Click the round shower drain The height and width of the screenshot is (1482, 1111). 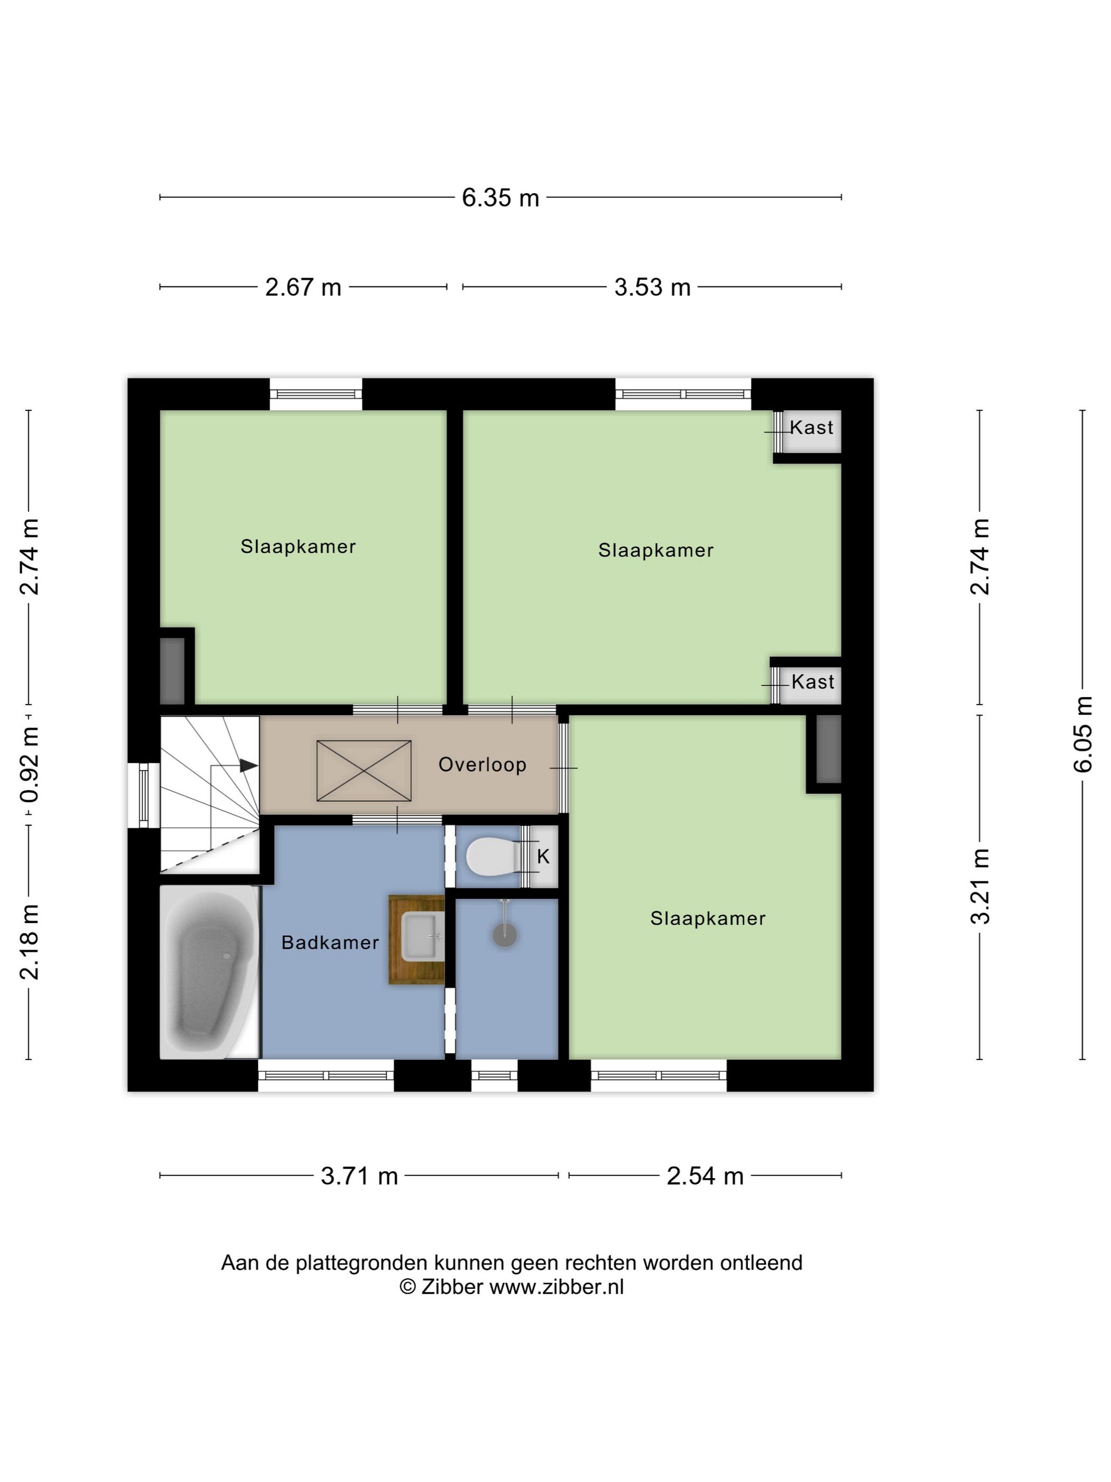[505, 935]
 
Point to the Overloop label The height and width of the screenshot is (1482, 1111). [482, 764]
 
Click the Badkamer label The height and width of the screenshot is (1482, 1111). [330, 943]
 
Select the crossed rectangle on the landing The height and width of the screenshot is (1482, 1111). [363, 771]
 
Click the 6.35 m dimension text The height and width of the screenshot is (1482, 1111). [500, 197]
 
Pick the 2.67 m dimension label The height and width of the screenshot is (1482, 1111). [303, 287]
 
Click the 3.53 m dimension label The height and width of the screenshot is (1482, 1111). [652, 287]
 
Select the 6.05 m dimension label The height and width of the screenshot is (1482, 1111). [1083, 734]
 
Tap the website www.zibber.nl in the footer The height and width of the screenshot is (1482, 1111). [557, 1287]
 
